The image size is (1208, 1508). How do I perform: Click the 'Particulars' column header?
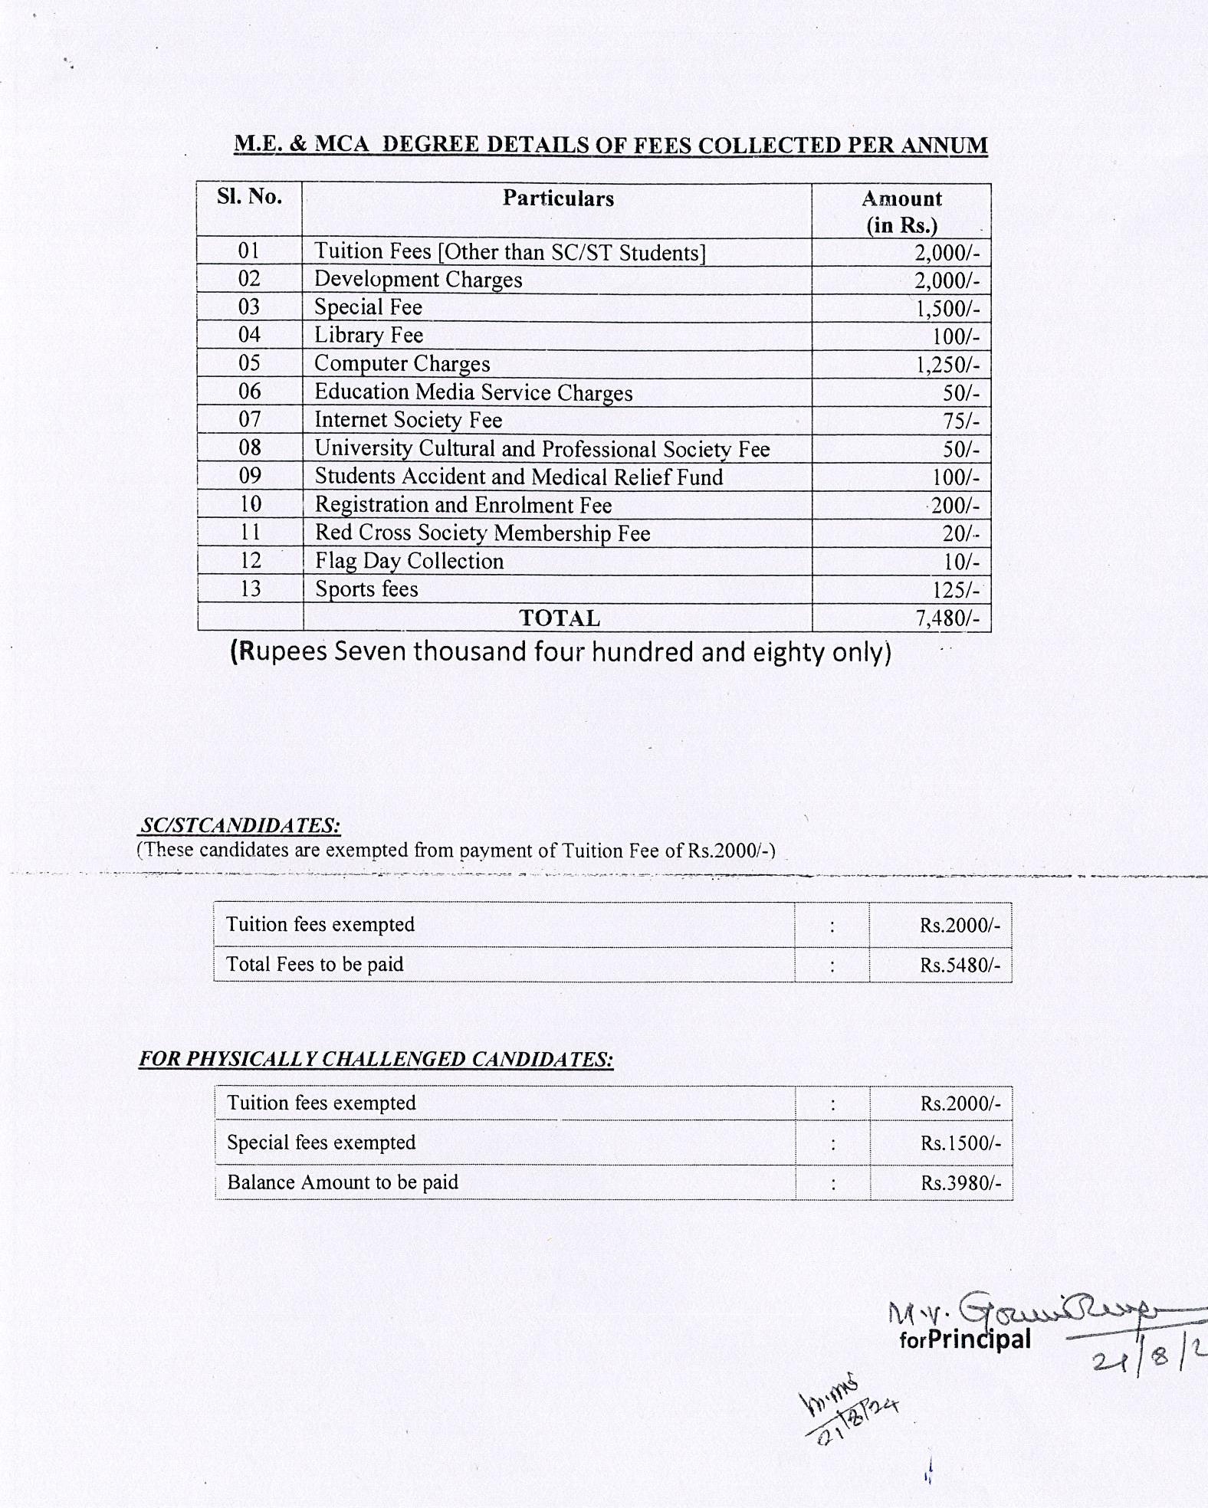click(558, 198)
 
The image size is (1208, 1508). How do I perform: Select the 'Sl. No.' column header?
click(249, 197)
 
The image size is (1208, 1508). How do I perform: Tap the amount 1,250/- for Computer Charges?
click(947, 365)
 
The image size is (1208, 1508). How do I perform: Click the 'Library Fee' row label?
click(369, 336)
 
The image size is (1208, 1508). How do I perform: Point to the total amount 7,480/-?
click(947, 618)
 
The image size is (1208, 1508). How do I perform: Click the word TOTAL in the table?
click(560, 618)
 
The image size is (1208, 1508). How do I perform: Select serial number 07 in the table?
click(250, 419)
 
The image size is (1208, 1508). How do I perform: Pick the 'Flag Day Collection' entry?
click(409, 561)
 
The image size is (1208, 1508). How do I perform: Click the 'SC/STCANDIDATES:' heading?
click(240, 825)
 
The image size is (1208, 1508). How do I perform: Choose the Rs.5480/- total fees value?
click(960, 965)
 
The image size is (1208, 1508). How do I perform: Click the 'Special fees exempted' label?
click(321, 1142)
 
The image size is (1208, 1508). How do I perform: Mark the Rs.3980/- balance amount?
click(960, 1183)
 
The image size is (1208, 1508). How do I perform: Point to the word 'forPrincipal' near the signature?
click(965, 1339)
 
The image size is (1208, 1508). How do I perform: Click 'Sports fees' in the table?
click(366, 589)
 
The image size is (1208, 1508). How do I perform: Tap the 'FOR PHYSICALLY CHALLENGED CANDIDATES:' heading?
click(376, 1059)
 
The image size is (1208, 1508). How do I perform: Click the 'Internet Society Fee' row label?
click(408, 420)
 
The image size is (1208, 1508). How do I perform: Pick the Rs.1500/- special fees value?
click(960, 1143)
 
